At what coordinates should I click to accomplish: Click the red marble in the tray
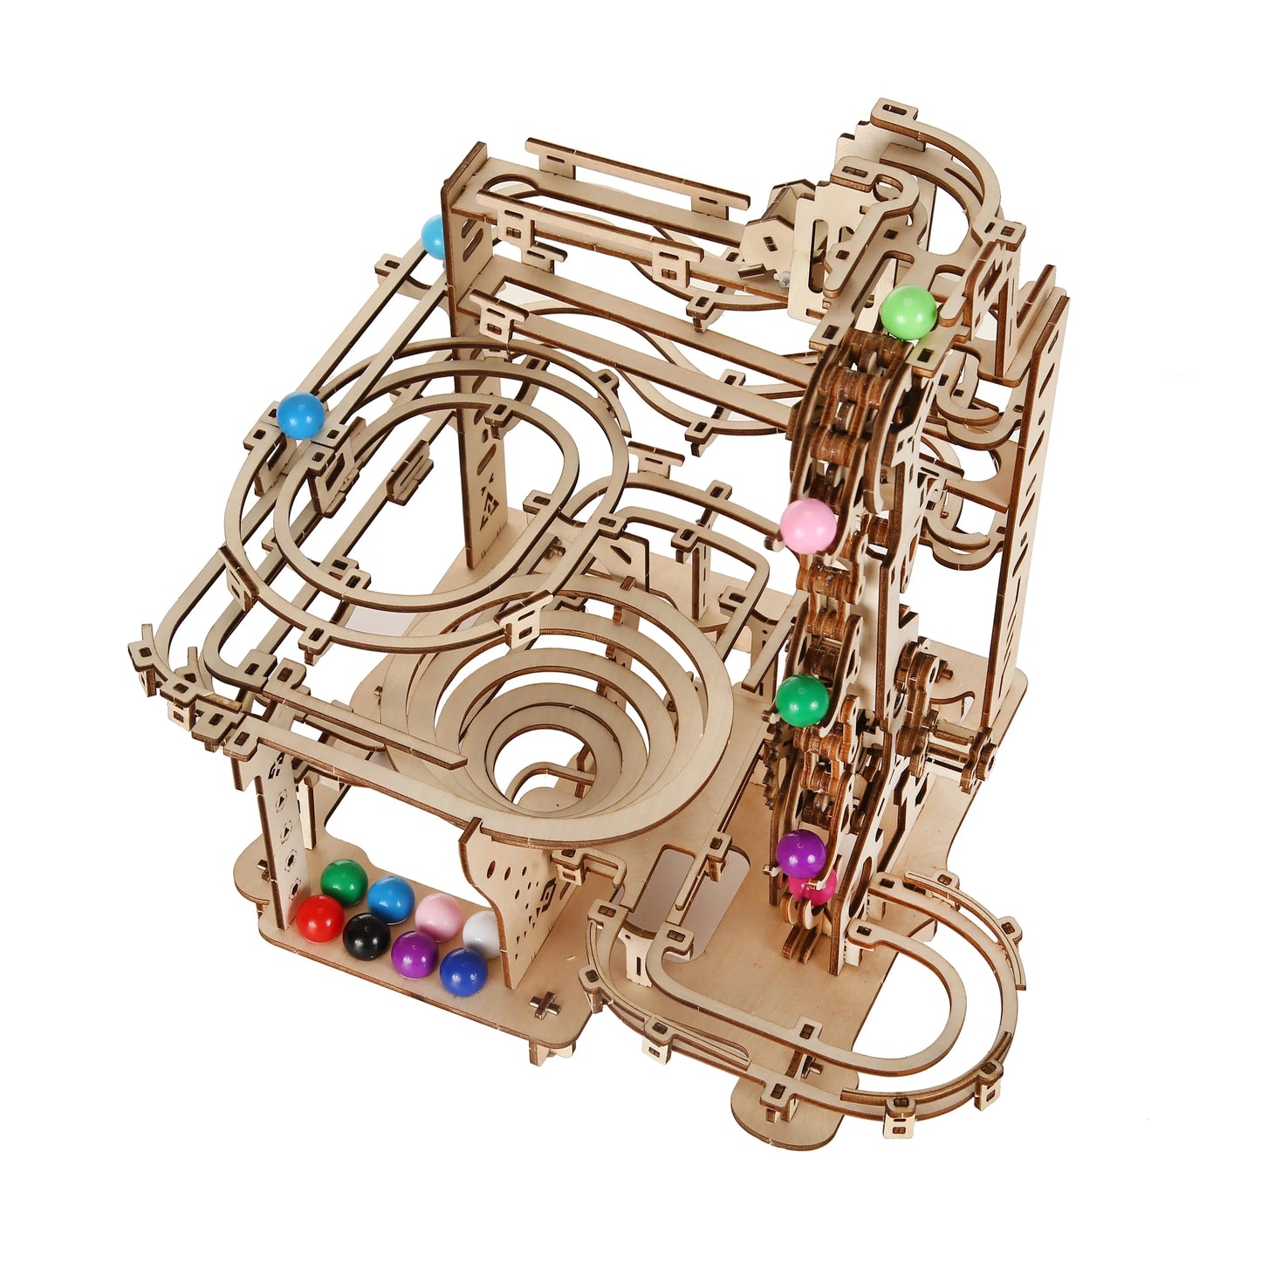[x=319, y=917]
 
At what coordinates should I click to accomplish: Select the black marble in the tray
[x=366, y=934]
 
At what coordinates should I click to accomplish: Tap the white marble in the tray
[x=482, y=932]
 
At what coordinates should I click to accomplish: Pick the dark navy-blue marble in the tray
[x=462, y=970]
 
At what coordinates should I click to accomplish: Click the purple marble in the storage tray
[x=414, y=954]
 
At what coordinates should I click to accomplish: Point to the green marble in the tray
[x=343, y=882]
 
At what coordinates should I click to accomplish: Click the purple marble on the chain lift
[x=800, y=854]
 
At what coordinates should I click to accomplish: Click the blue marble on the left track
[x=301, y=415]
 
